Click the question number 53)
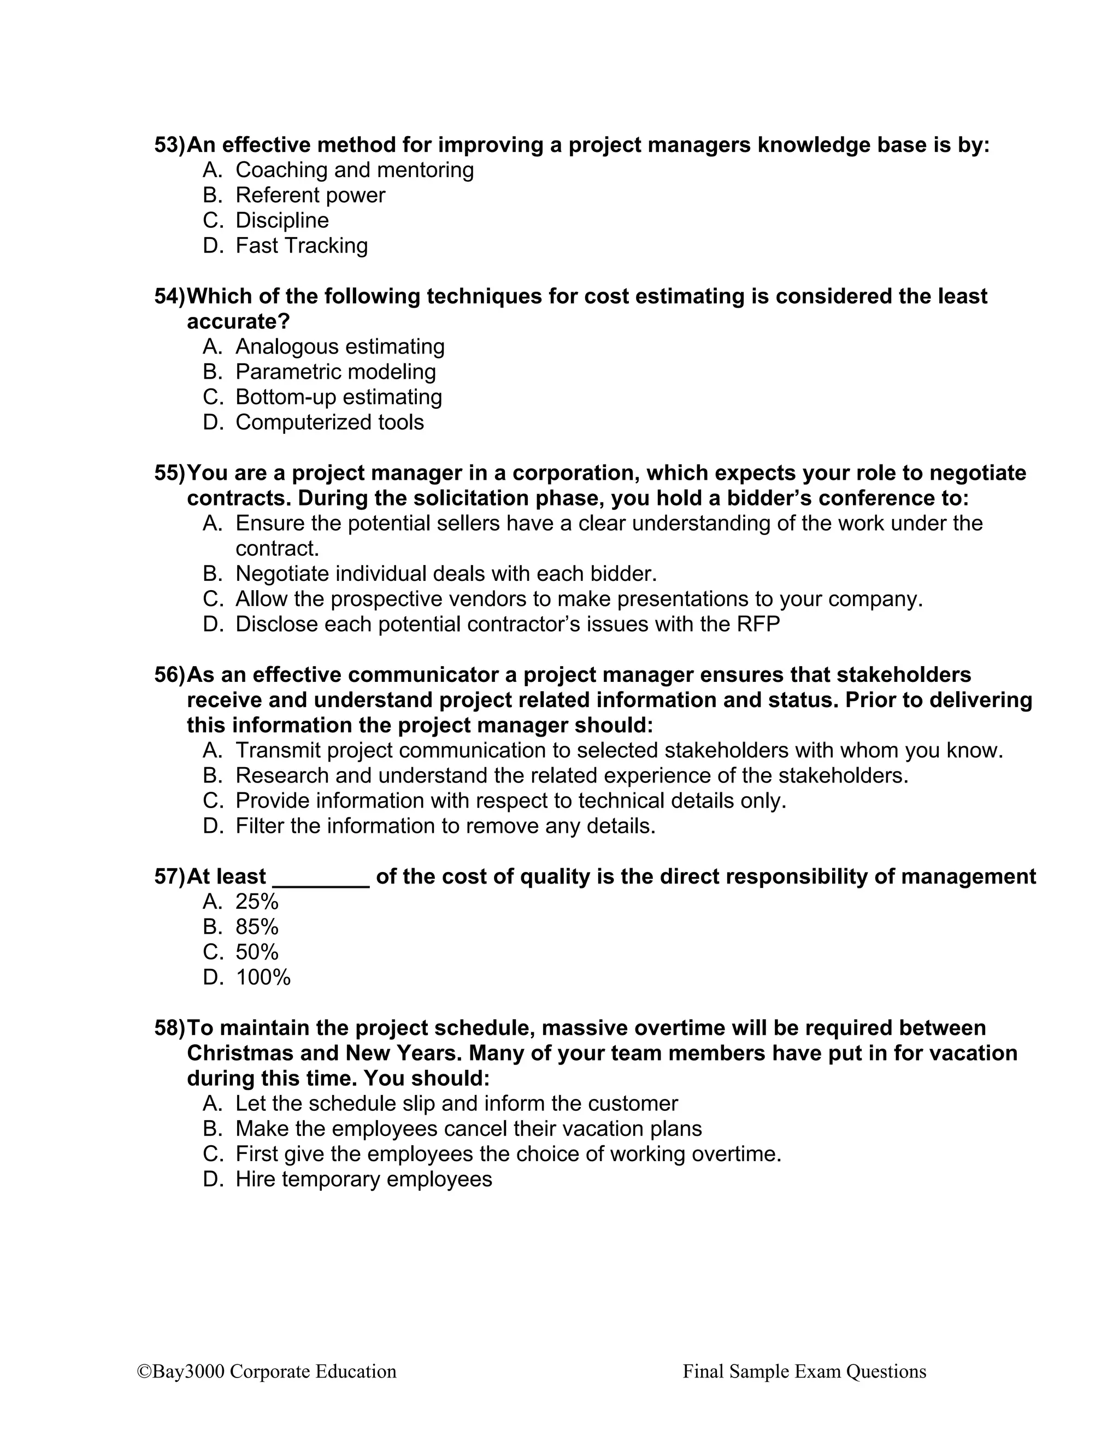[170, 145]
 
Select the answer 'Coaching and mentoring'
[354, 170]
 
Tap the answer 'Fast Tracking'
[301, 246]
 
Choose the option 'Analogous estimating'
[339, 347]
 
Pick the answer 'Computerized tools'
[329, 422]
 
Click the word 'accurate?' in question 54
[239, 321]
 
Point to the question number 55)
[170, 473]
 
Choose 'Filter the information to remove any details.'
[445, 827]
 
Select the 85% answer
[257, 928]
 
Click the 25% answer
[257, 902]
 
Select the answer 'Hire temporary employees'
[363, 1180]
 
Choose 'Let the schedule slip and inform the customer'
[456, 1104]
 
